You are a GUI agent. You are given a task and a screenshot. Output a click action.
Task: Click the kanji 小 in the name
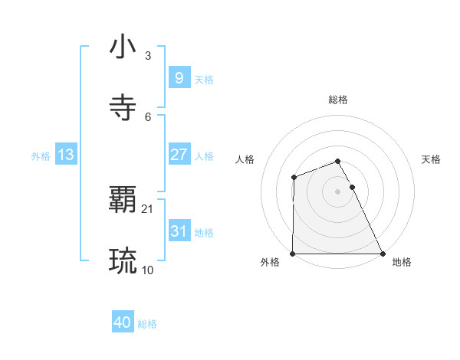point(123,47)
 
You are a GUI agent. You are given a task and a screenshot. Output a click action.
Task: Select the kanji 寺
point(123,108)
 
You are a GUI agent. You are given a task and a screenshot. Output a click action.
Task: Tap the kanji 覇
point(123,201)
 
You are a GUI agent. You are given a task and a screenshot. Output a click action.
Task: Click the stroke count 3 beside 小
point(147,56)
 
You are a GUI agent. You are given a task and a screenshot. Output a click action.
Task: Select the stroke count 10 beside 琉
point(148,270)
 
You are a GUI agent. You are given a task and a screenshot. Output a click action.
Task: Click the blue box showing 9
point(179,78)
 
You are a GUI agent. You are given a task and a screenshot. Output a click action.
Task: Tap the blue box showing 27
point(179,155)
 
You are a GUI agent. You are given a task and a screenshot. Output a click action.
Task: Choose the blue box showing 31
point(179,231)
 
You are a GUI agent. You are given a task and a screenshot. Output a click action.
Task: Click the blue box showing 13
point(65,155)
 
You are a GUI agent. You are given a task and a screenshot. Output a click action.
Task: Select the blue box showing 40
point(123,323)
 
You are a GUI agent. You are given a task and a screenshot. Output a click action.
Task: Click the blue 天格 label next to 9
point(204,80)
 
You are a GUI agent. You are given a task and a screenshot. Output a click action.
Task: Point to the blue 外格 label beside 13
point(41,156)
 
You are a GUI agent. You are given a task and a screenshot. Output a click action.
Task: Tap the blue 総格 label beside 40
point(147,325)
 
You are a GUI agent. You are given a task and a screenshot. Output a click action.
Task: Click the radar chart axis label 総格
point(338,100)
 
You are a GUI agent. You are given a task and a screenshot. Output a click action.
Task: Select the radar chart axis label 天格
point(432,159)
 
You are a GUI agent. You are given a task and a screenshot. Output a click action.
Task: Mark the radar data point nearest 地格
point(383,254)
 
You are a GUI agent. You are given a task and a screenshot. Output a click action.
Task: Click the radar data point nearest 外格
point(293,254)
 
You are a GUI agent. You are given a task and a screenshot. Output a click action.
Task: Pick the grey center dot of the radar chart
point(338,191)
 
